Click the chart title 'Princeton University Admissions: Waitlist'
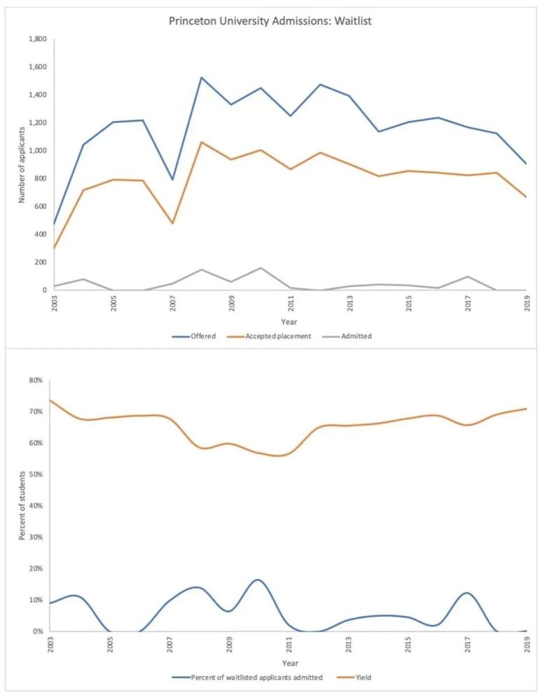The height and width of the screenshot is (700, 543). coord(270,22)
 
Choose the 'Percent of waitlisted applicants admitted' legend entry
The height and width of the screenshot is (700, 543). coord(256,678)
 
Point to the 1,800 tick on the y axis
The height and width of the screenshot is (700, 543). coord(36,39)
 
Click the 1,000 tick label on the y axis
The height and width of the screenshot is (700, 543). coord(36,150)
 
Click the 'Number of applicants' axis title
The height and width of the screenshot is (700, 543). coord(21,165)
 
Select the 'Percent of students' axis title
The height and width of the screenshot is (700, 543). coord(21,506)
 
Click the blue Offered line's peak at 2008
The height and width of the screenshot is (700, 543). coord(202,78)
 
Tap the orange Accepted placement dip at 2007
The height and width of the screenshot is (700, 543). coord(172,223)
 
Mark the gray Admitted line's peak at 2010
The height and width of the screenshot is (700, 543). coord(261,268)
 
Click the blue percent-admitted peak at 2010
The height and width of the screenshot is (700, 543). coord(259,580)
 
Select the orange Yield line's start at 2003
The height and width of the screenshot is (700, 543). coord(51,400)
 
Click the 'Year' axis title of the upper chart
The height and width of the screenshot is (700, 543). coord(289,321)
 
